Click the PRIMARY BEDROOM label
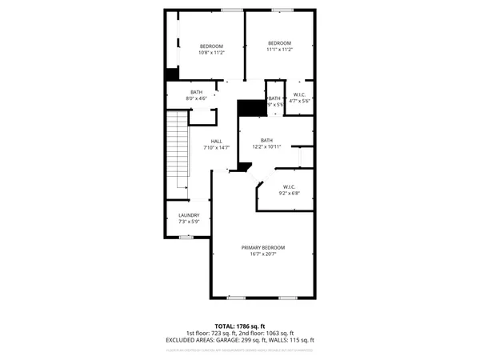click(263, 248)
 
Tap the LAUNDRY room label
click(189, 214)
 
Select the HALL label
click(216, 142)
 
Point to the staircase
click(175, 152)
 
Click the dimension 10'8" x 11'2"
click(211, 51)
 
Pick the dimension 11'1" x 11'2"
click(278, 50)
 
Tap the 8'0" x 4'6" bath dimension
click(196, 98)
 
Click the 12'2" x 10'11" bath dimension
click(266, 146)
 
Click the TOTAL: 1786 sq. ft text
click(240, 326)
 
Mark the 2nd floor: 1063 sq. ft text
click(266, 333)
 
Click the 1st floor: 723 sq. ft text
click(210, 333)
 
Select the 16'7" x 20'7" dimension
click(263, 254)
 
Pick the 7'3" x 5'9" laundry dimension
click(189, 221)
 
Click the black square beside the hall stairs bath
click(170, 74)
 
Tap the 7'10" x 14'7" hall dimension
click(216, 148)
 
